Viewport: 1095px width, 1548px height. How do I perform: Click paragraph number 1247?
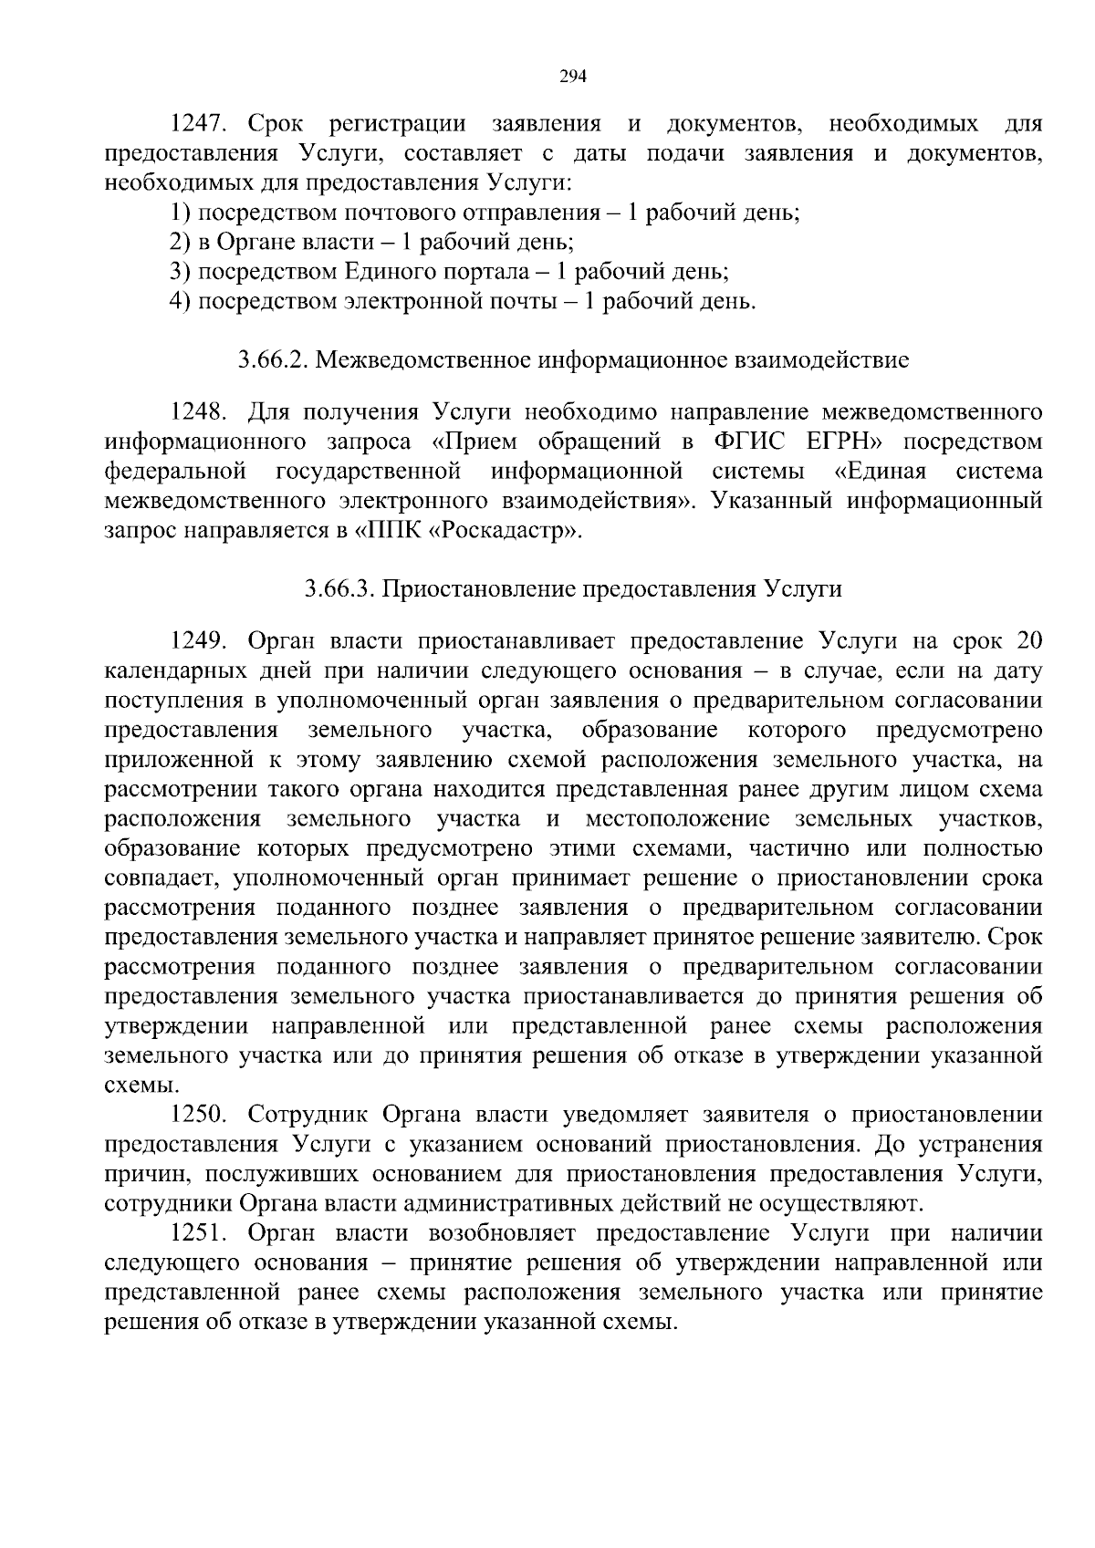click(x=198, y=124)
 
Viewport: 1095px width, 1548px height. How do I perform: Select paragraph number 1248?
click(x=198, y=412)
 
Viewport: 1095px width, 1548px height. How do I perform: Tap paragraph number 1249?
click(x=198, y=641)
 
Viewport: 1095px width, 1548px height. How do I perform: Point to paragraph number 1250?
click(x=198, y=1115)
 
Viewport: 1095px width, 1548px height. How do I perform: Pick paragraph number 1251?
click(x=198, y=1233)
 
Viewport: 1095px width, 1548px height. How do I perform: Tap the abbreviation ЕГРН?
click(x=853, y=442)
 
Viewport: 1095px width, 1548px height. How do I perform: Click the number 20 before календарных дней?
click(x=1028, y=641)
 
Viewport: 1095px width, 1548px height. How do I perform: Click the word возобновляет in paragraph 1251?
click(x=501, y=1233)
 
